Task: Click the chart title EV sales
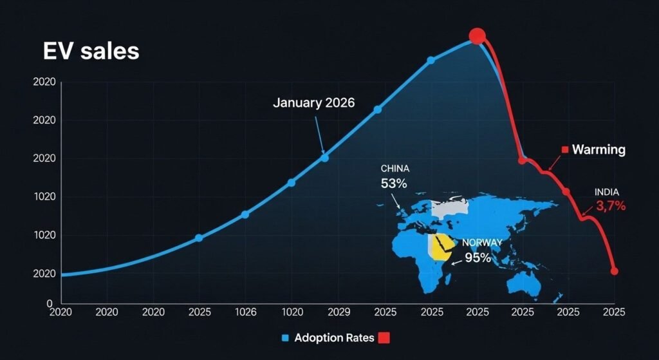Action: coord(91,52)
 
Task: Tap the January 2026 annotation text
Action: coord(313,102)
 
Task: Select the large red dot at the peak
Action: coord(477,36)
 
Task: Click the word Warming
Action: coord(599,150)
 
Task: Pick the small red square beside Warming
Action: coord(564,150)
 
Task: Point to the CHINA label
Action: coord(394,169)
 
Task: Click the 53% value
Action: coord(394,184)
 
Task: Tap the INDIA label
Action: coord(608,192)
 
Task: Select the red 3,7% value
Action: coord(611,206)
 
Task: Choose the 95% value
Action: coord(478,258)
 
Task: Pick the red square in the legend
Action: coord(385,338)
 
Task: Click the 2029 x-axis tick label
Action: coord(339,312)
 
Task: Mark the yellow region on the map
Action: coord(440,247)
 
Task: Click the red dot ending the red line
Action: coord(614,271)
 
